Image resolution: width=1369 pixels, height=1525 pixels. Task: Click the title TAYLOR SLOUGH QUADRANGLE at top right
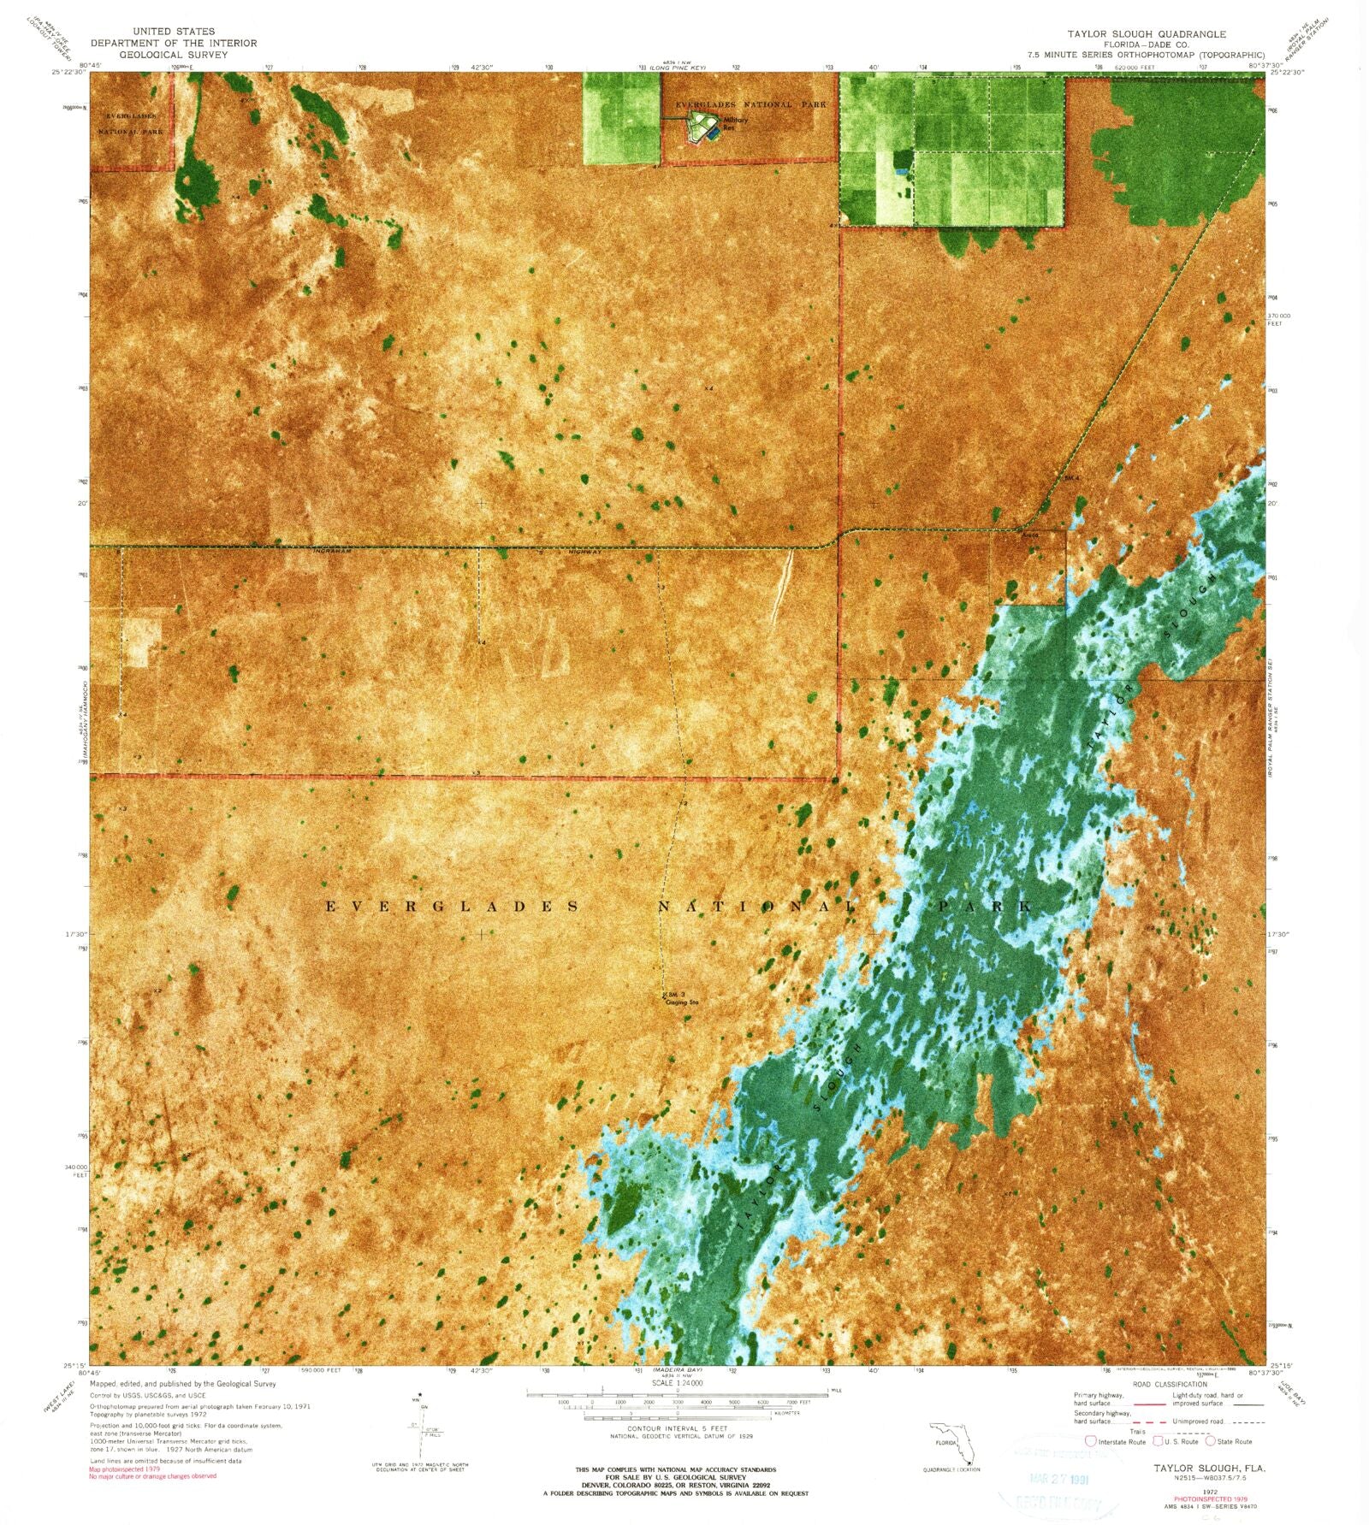pyautogui.click(x=1146, y=34)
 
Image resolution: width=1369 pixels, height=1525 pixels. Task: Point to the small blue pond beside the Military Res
pyautogui.click(x=714, y=133)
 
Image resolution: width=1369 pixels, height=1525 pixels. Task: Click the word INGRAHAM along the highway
pyautogui.click(x=333, y=553)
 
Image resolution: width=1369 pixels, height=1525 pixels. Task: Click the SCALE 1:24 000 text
pyautogui.click(x=678, y=1383)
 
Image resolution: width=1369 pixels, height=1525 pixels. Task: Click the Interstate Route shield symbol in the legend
pyautogui.click(x=1091, y=1441)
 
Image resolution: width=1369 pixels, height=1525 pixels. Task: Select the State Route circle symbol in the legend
pyautogui.click(x=1211, y=1441)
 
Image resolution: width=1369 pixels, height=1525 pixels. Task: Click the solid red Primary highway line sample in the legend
pyautogui.click(x=1146, y=1404)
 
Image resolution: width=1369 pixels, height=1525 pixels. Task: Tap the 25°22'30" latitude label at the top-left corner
pyautogui.click(x=68, y=72)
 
